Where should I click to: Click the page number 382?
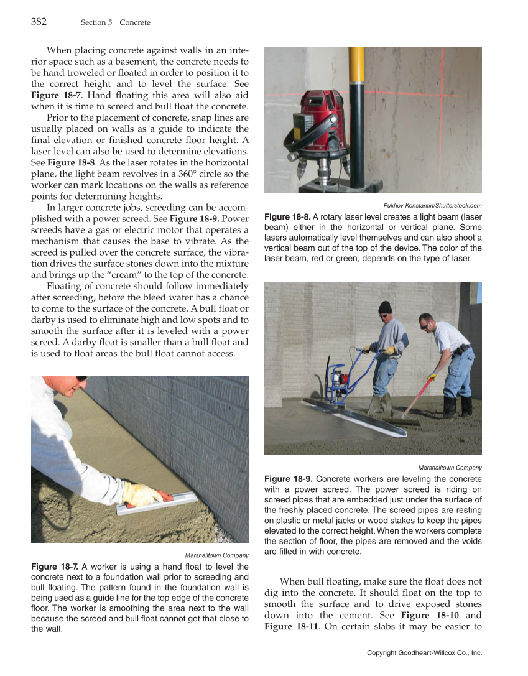click(39, 22)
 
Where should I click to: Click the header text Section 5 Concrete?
click(115, 22)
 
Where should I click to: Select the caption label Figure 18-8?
click(287, 216)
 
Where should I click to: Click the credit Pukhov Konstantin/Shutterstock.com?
click(432, 206)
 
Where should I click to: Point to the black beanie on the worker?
click(385, 307)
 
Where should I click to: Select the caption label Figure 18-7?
click(54, 567)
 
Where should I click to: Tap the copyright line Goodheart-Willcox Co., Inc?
click(424, 653)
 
